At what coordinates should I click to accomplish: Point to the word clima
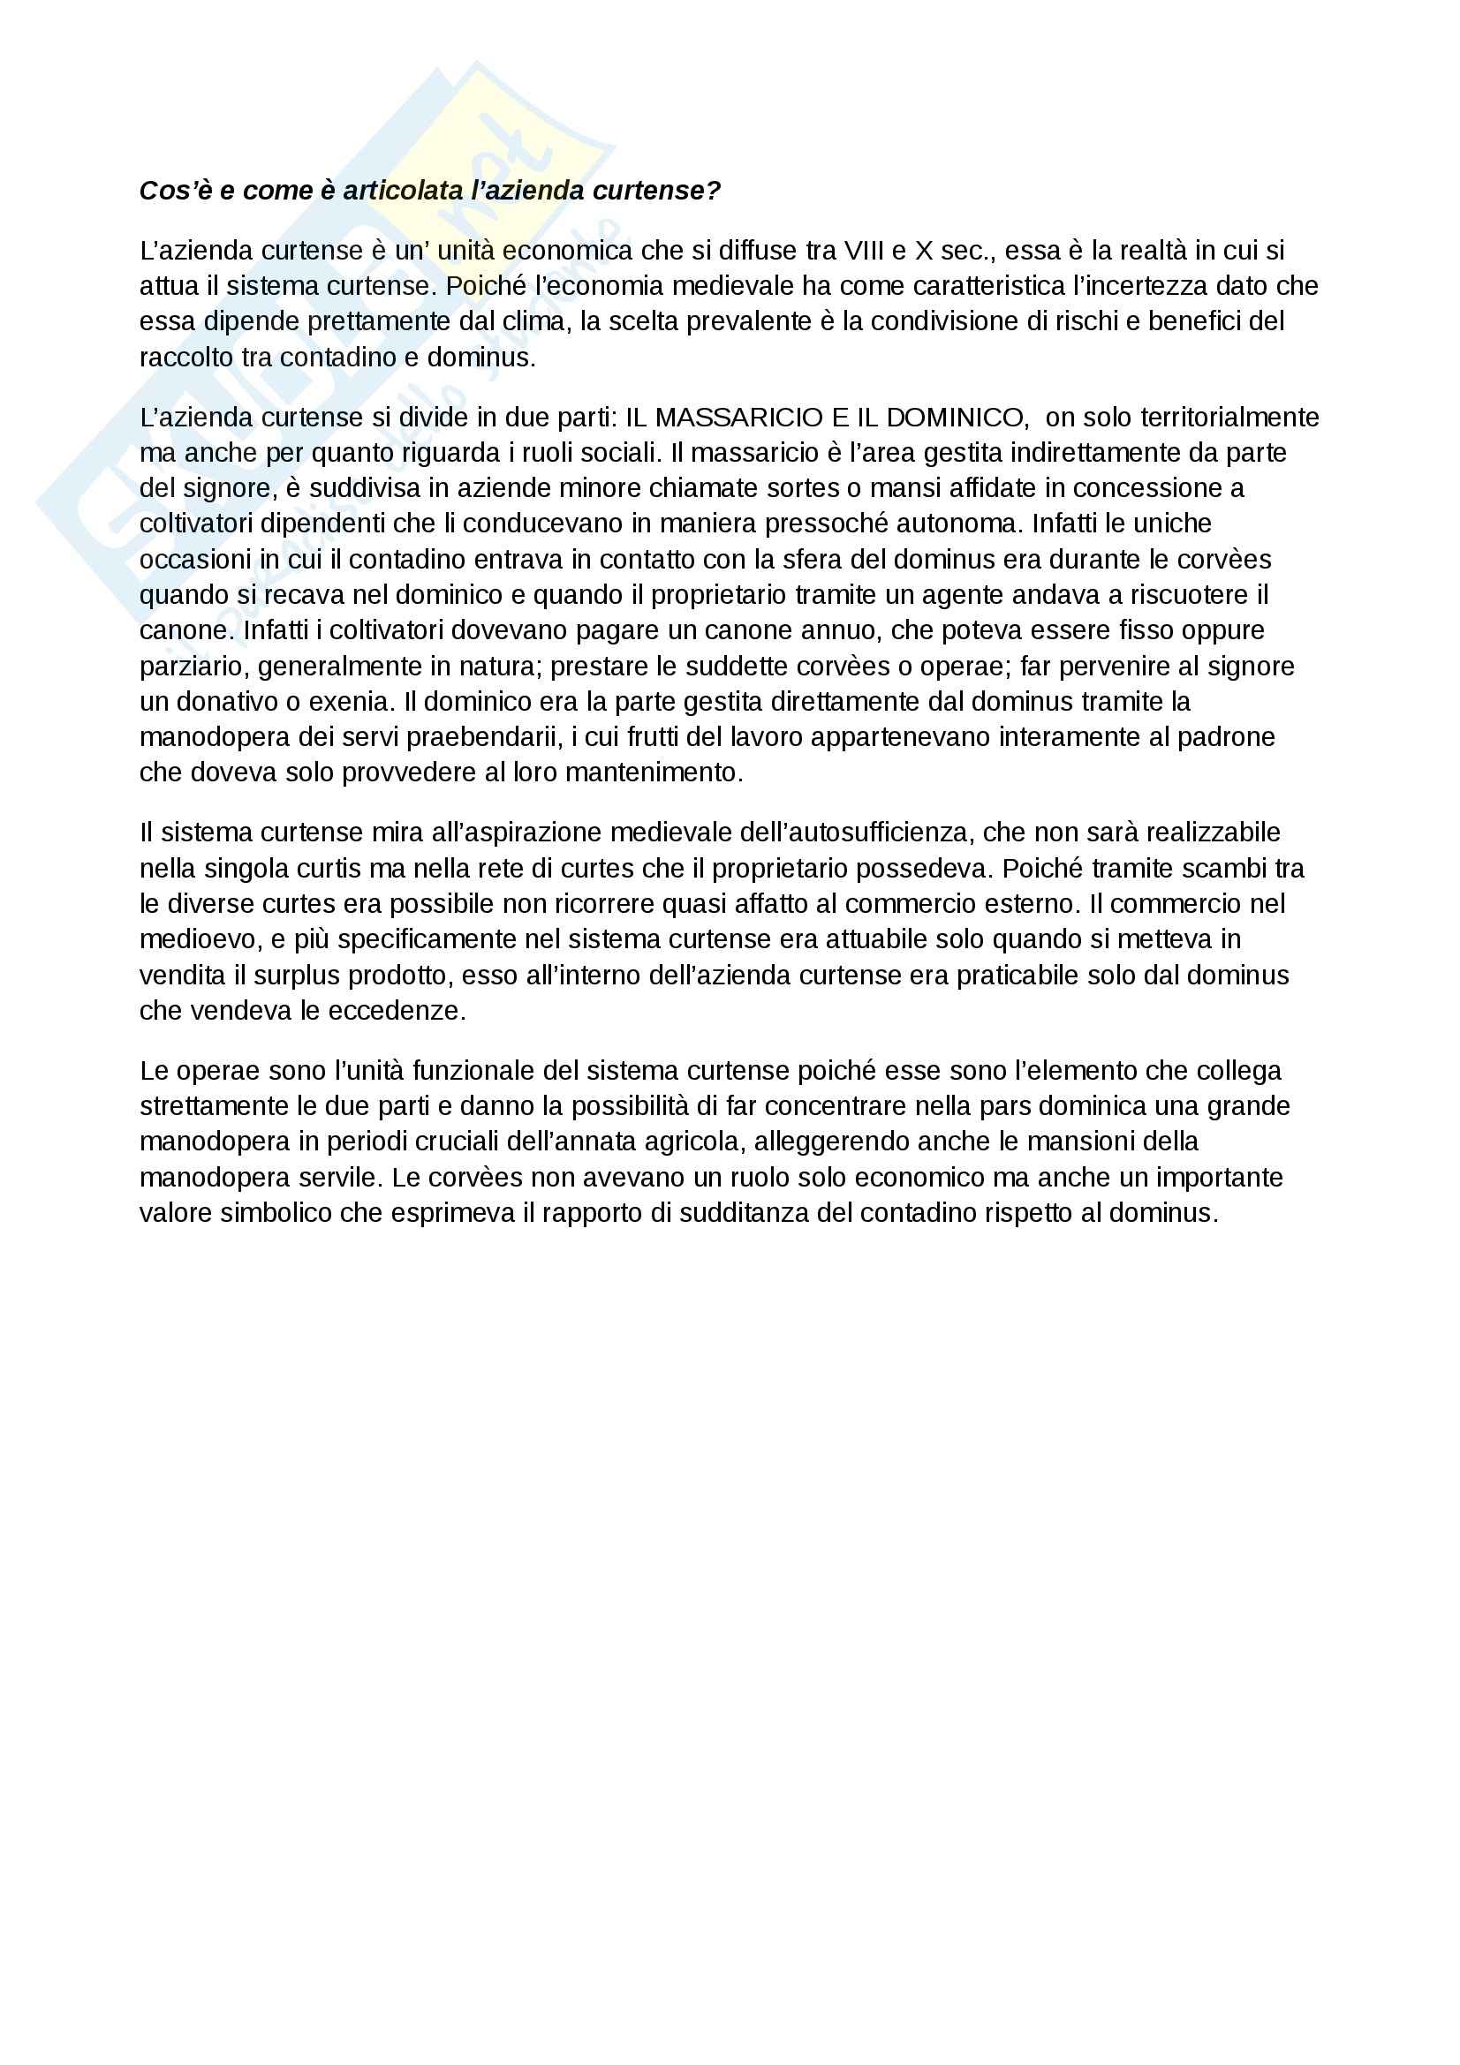coord(530,321)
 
